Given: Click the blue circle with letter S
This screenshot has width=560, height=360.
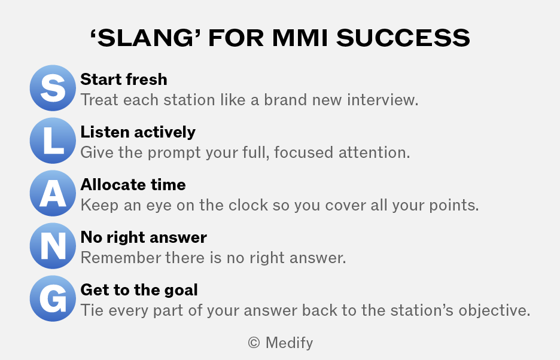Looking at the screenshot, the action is (53, 88).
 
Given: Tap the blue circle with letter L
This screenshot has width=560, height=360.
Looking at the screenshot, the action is (53, 141).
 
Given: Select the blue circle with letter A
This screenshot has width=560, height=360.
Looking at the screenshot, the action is (53, 193).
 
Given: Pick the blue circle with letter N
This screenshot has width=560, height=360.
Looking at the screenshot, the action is (53, 246).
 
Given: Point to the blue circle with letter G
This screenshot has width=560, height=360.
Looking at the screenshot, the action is (53, 298).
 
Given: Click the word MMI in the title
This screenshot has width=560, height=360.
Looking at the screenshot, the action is (300, 38).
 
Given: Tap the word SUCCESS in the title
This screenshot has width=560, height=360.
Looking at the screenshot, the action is (403, 38).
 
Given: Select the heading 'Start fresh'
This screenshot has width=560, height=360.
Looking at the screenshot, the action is (124, 80).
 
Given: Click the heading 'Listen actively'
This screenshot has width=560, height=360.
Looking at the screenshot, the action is (138, 132).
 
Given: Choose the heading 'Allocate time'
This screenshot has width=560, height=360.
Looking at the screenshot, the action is (133, 185).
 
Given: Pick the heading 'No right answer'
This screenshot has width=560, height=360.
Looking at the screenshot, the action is (144, 237).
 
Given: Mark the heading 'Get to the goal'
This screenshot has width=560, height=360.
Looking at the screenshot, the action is (139, 290).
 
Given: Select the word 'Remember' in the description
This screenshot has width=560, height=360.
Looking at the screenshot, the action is (121, 258).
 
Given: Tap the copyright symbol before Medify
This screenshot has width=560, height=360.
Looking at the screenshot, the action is (254, 343).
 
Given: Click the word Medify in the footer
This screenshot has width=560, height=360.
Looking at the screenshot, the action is (290, 343).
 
